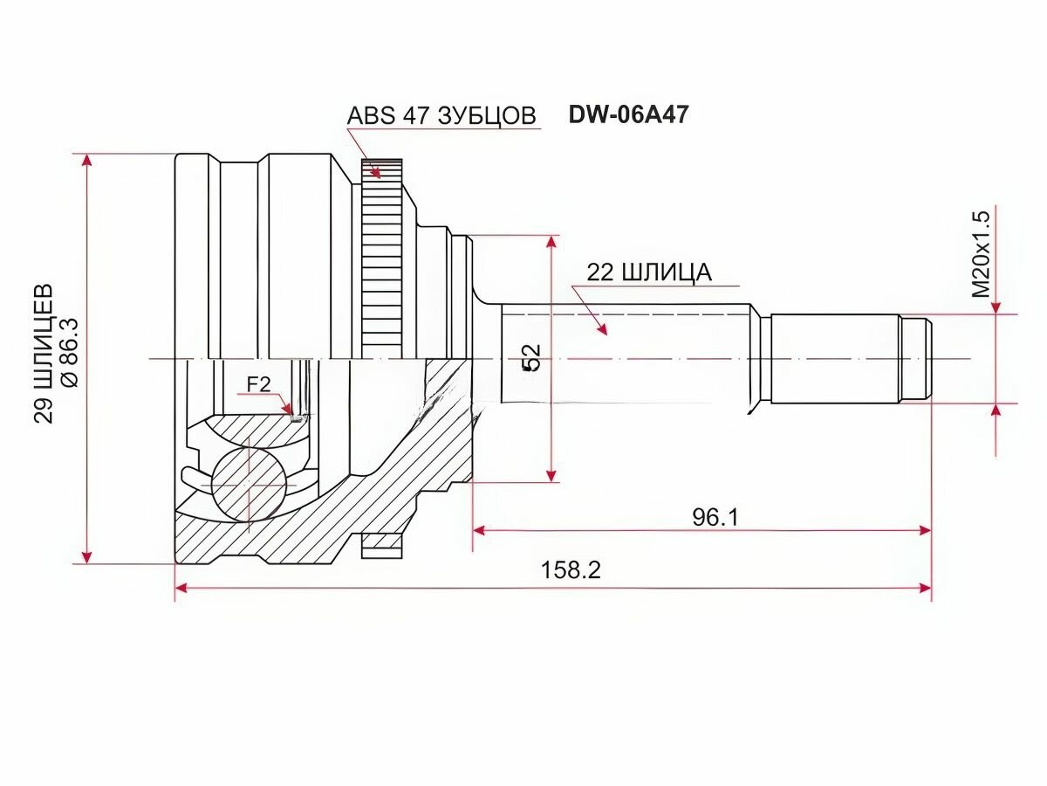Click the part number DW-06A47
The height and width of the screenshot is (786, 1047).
(629, 114)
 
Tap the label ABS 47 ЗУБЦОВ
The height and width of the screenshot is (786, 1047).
(441, 115)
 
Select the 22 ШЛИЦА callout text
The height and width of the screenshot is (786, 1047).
(649, 272)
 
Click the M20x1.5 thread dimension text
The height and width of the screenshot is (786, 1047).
(982, 255)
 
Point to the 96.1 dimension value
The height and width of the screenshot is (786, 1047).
(715, 516)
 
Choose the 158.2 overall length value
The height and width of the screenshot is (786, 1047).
(571, 569)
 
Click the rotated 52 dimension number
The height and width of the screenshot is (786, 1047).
(531, 357)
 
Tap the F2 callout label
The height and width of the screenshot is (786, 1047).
(259, 384)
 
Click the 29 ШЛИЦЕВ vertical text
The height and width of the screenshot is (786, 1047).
(44, 354)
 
